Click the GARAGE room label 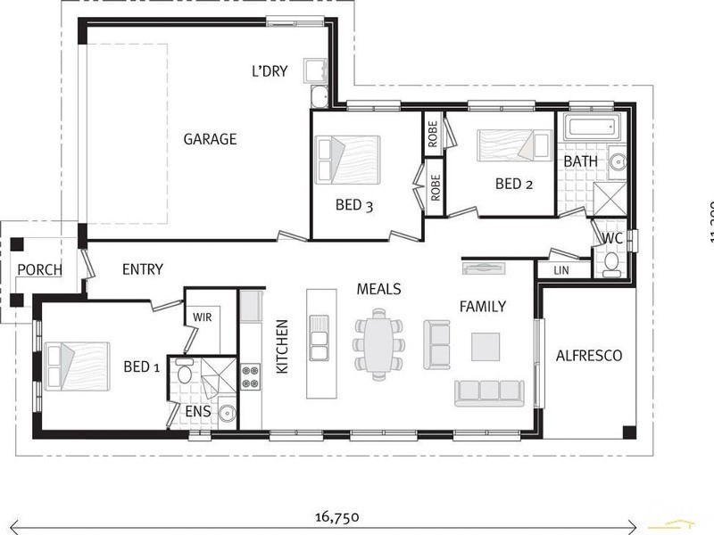210,139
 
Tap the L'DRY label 270,71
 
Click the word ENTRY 142,269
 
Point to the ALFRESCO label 588,355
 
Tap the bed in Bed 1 78,366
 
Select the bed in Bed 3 347,160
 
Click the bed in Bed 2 513,145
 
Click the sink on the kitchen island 320,338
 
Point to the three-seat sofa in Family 488,391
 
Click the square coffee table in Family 486,346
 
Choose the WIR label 201,316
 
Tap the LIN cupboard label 560,269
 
